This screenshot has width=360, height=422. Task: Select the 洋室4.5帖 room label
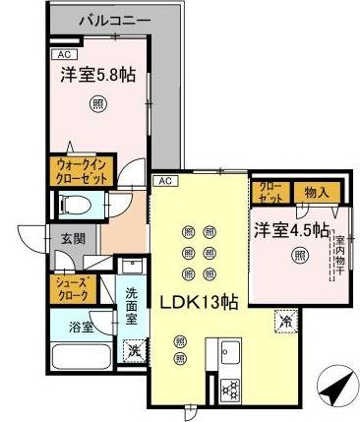(291, 231)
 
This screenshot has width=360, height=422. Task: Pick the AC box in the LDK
(164, 180)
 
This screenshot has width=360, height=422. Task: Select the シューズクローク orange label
(71, 287)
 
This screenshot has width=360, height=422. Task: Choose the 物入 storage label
(317, 191)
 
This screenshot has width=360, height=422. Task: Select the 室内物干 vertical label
(338, 253)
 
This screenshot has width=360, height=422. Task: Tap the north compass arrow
(337, 385)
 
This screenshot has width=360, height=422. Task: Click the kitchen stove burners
(235, 387)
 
